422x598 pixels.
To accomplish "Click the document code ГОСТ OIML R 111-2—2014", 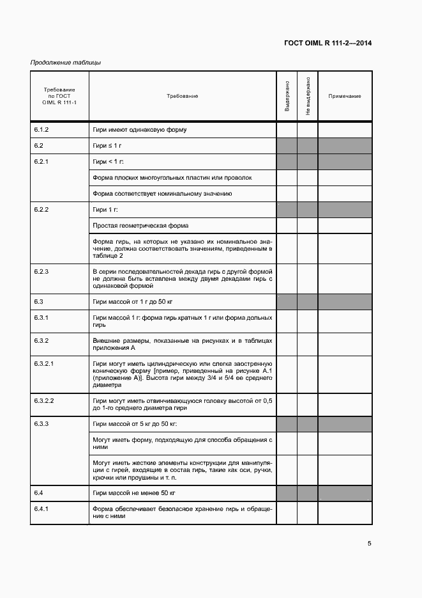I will [328, 43].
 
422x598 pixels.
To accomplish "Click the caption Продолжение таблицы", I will [66, 63].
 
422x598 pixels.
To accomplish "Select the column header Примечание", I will [345, 96].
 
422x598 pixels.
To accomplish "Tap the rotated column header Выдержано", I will [287, 97].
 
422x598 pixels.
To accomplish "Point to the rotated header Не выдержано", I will [308, 97].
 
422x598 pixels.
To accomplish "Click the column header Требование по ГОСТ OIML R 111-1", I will [59, 96].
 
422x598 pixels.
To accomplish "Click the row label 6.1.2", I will [41, 130].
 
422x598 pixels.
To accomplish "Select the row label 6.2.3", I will [41, 272].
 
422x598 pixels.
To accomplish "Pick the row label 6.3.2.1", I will [44, 363].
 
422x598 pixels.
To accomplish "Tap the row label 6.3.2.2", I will [44, 400].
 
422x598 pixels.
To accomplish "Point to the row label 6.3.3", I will [41, 424].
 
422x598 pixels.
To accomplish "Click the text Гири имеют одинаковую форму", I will [139, 130].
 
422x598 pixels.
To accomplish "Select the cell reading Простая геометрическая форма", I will [140, 225].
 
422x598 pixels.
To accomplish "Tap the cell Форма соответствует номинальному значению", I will [162, 193].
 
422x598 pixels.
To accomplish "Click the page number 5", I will [370, 544].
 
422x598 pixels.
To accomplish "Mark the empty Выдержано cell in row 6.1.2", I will [287, 130].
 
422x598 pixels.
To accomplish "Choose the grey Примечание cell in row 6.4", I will [345, 493].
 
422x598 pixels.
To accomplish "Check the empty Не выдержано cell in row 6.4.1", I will [308, 513].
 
